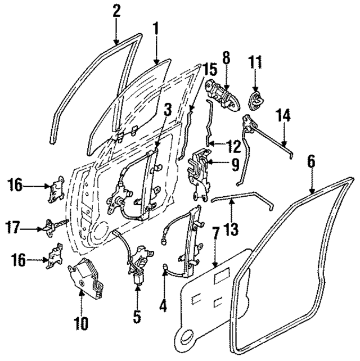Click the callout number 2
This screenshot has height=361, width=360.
pos(116,10)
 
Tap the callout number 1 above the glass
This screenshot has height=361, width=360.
pos(156,27)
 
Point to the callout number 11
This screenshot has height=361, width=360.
pos(256,61)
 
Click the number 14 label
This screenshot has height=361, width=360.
pos(283,116)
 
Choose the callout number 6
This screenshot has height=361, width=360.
pos(310,160)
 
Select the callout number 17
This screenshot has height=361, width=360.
pos(15,228)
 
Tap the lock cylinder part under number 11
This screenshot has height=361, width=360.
pos(256,100)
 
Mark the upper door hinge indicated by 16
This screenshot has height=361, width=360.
pos(57,188)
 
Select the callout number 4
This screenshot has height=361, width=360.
pos(163,306)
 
